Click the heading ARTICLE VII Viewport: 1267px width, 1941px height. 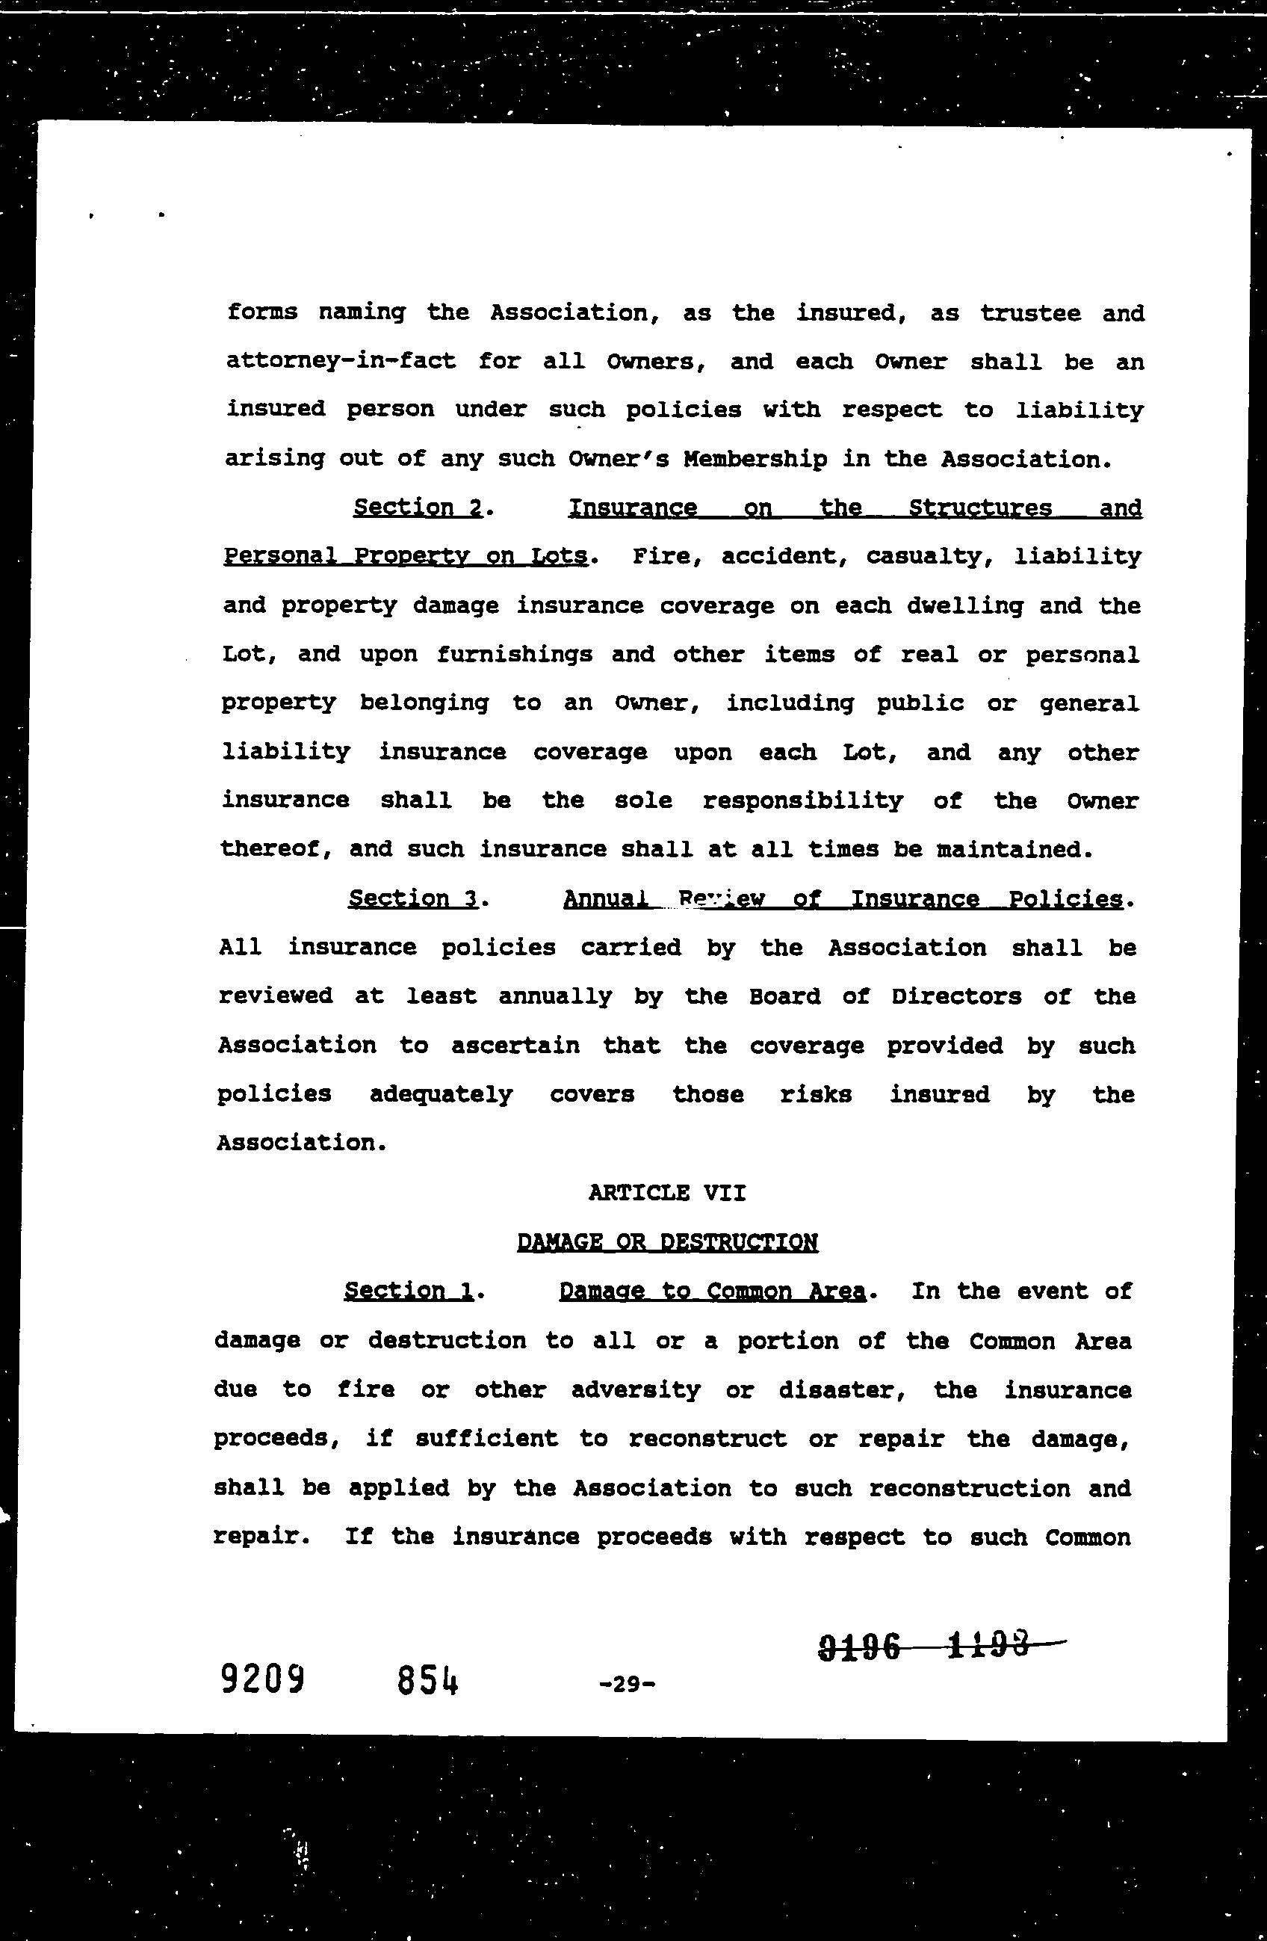(x=666, y=1193)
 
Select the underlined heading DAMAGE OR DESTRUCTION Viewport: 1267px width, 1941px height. (x=667, y=1242)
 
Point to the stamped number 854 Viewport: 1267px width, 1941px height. (x=427, y=1681)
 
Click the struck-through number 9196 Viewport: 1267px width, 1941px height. (x=859, y=1647)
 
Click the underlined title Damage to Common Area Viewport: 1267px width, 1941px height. (x=711, y=1291)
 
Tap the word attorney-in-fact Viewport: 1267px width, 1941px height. (x=341, y=360)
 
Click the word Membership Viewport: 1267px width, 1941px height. (x=755, y=459)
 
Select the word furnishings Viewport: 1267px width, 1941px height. (x=514, y=654)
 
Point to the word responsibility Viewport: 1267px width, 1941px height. (x=802, y=801)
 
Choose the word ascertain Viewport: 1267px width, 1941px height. (x=515, y=1046)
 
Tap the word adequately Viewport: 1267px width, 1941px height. (x=441, y=1094)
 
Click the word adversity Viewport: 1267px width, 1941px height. (x=635, y=1389)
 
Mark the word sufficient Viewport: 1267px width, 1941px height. (x=487, y=1439)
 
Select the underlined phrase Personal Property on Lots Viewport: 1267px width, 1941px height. (x=405, y=556)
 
